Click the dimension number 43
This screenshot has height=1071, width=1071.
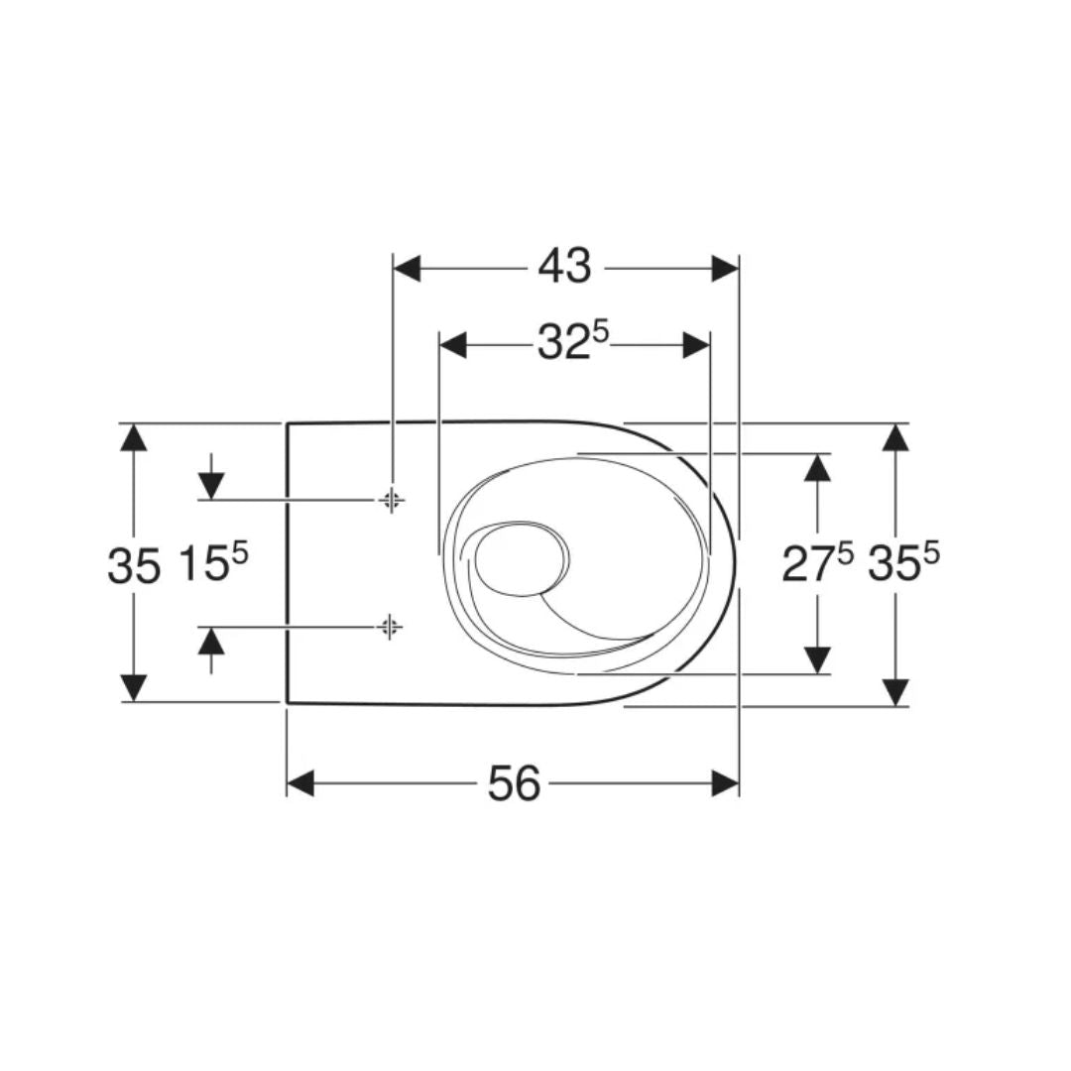click(564, 267)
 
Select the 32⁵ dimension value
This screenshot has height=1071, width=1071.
click(572, 343)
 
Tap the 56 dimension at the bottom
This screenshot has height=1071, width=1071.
click(515, 784)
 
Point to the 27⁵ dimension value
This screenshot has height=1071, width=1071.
click(816, 563)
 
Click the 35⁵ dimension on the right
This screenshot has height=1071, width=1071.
click(902, 563)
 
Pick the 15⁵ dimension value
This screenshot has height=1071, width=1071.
click(212, 563)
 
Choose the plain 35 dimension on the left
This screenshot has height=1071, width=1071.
click(133, 566)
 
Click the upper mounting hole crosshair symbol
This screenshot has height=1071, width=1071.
click(392, 500)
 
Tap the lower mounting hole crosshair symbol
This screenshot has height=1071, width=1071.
click(390, 626)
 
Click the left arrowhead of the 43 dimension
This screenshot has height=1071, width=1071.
click(408, 268)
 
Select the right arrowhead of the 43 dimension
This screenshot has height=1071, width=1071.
click(725, 268)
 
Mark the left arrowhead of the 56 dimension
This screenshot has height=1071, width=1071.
click(301, 783)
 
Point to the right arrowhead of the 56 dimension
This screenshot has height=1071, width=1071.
click(725, 783)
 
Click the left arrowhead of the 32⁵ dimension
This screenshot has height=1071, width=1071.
click(453, 345)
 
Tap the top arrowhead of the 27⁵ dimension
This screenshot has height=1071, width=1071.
click(817, 467)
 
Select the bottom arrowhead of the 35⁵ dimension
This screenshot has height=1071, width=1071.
click(895, 691)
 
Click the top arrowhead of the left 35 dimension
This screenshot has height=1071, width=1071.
click(133, 437)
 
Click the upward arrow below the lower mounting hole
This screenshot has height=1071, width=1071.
click(210, 642)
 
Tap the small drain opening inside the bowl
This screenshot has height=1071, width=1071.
click(521, 560)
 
